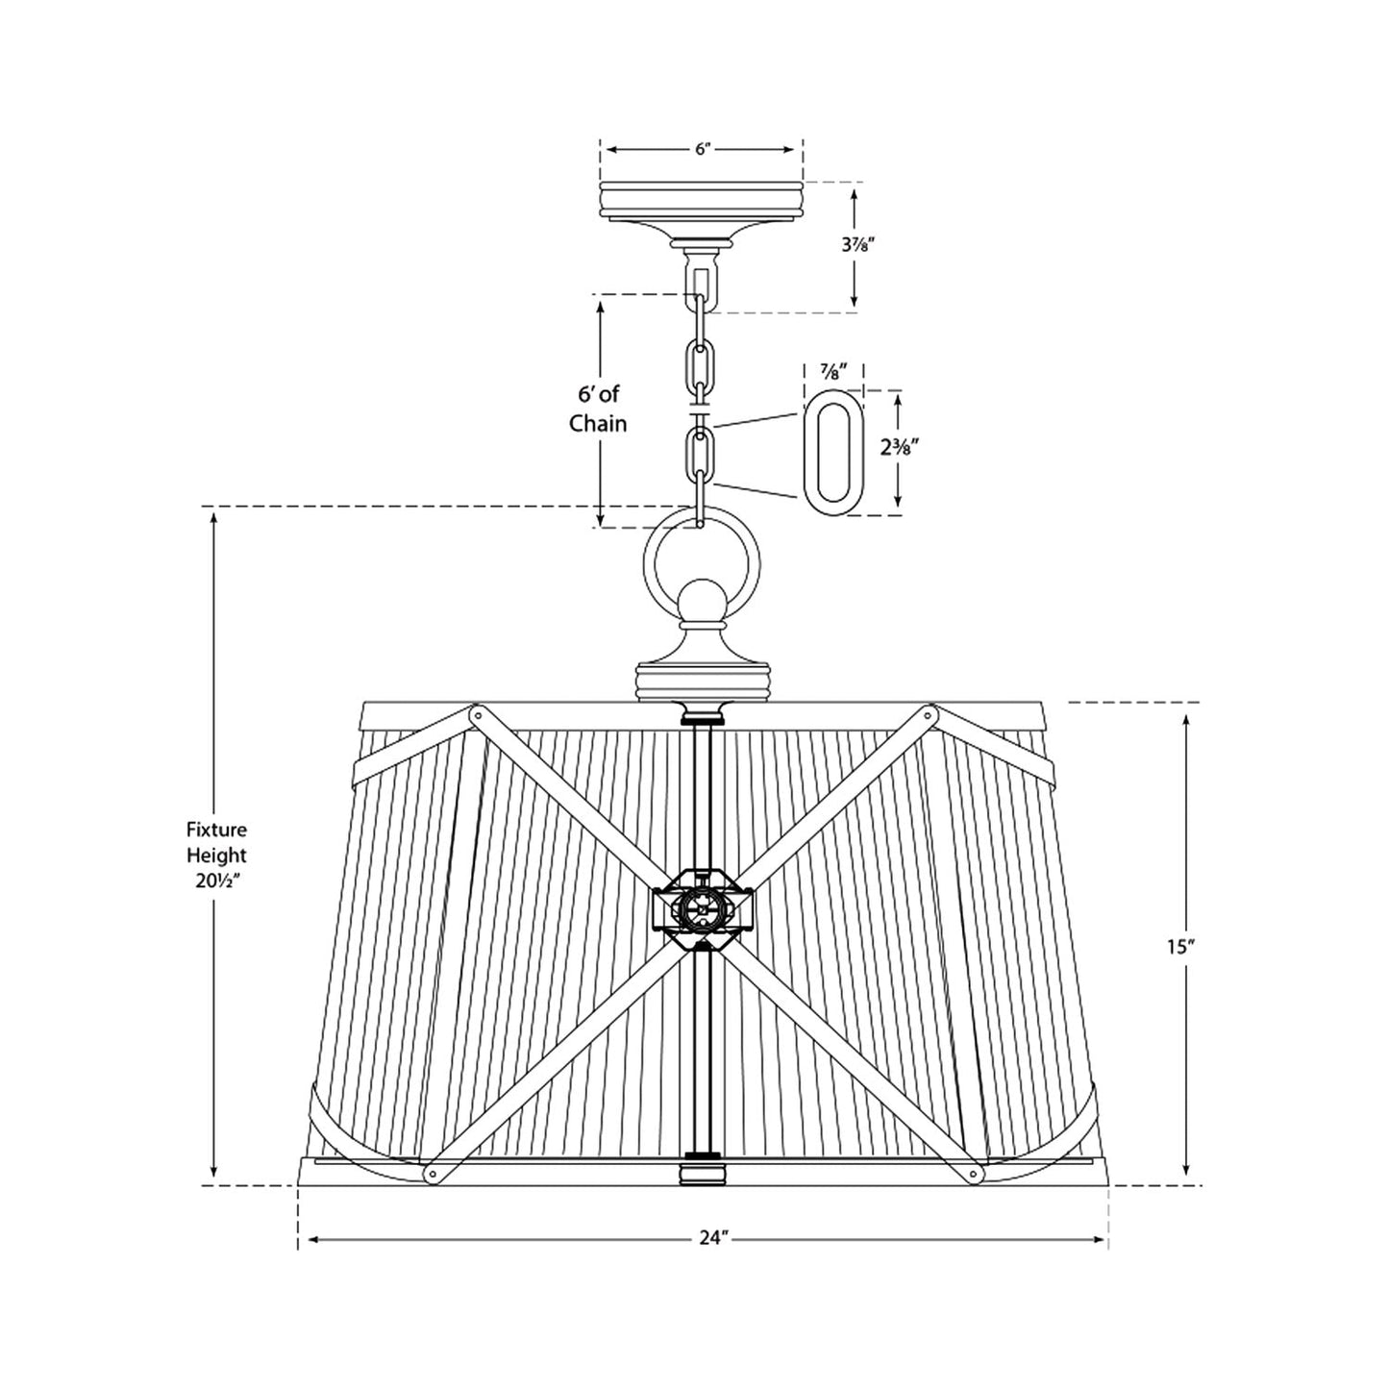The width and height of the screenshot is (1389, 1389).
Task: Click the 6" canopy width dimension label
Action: pos(703,150)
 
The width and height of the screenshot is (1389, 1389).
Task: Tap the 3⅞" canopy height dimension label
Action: pos(857,245)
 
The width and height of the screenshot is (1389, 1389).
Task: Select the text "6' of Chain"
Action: pos(598,409)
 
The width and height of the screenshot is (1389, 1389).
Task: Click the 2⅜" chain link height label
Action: pos(900,448)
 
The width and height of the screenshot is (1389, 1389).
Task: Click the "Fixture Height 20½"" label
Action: pos(217,856)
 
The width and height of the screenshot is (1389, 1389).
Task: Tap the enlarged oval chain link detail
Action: pos(831,452)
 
